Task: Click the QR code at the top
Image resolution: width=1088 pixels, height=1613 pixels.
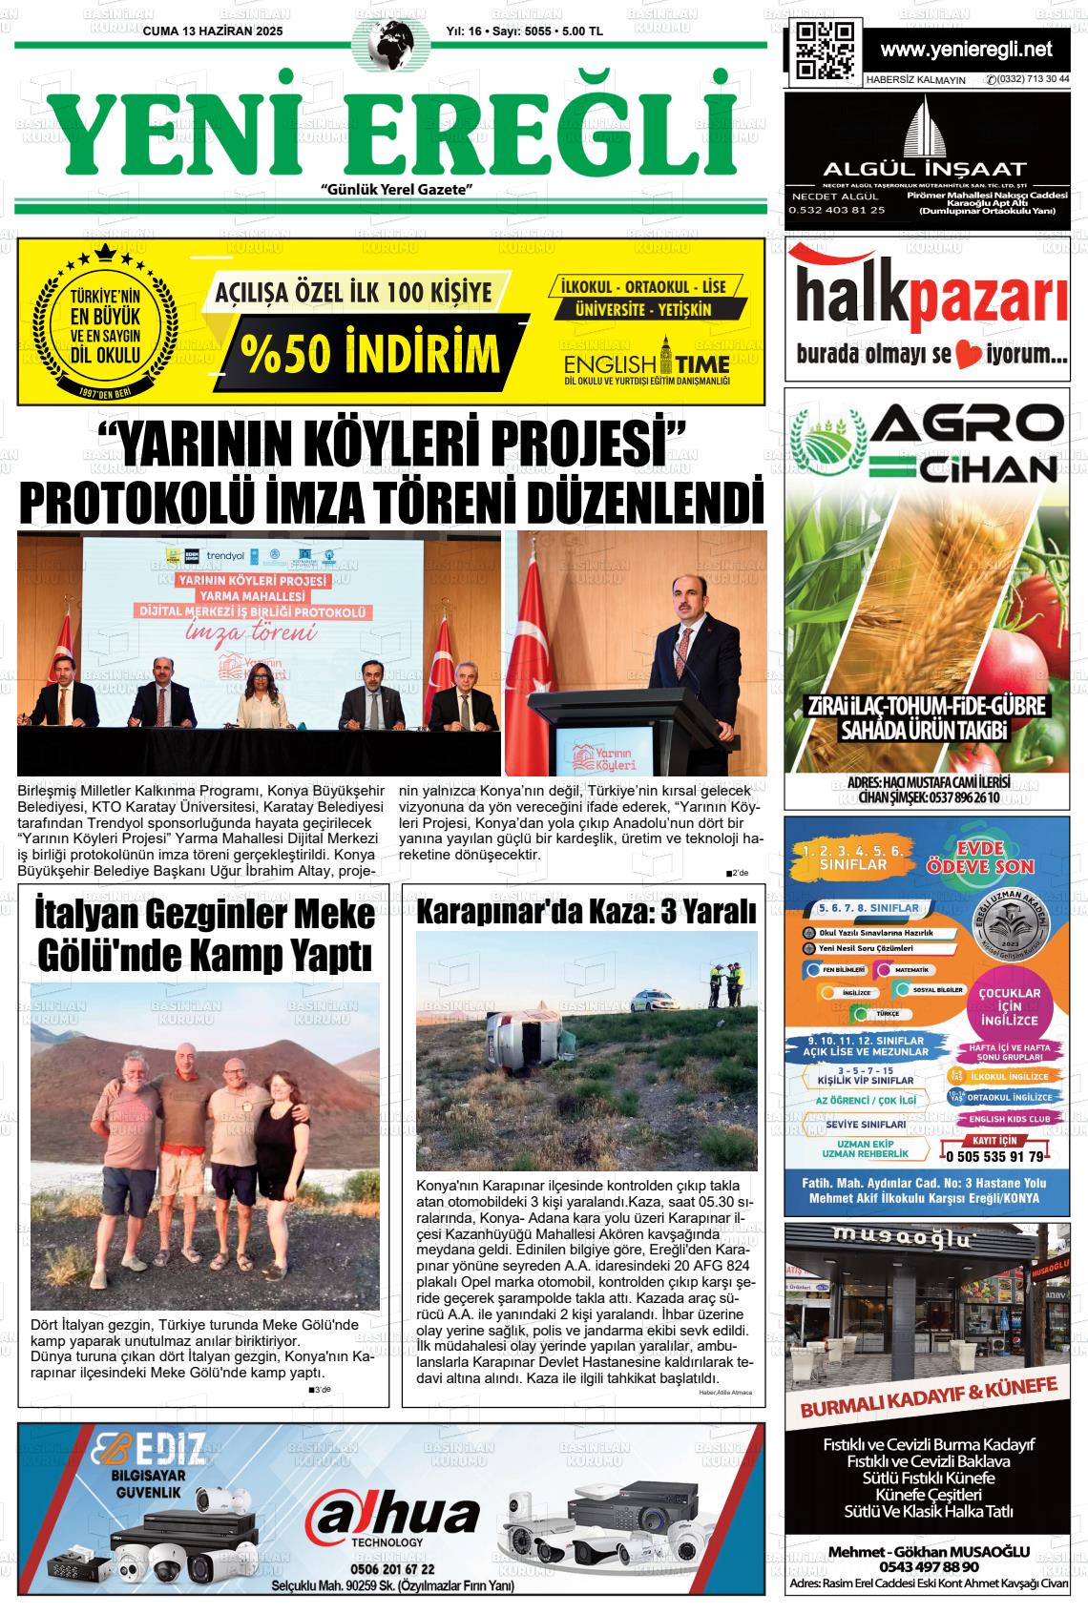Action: click(825, 49)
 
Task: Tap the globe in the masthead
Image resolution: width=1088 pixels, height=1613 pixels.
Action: click(390, 46)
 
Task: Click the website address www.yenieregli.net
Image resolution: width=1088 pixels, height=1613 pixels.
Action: click(966, 50)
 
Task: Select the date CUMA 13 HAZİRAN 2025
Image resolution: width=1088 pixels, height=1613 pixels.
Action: click(213, 31)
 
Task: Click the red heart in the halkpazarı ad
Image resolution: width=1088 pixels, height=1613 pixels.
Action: click(970, 357)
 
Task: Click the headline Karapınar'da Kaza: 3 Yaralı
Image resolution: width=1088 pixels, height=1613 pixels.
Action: click(586, 911)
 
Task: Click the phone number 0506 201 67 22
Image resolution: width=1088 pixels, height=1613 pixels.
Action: click(392, 1569)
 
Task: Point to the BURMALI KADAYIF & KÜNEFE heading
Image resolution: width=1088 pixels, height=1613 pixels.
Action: click(928, 1411)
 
